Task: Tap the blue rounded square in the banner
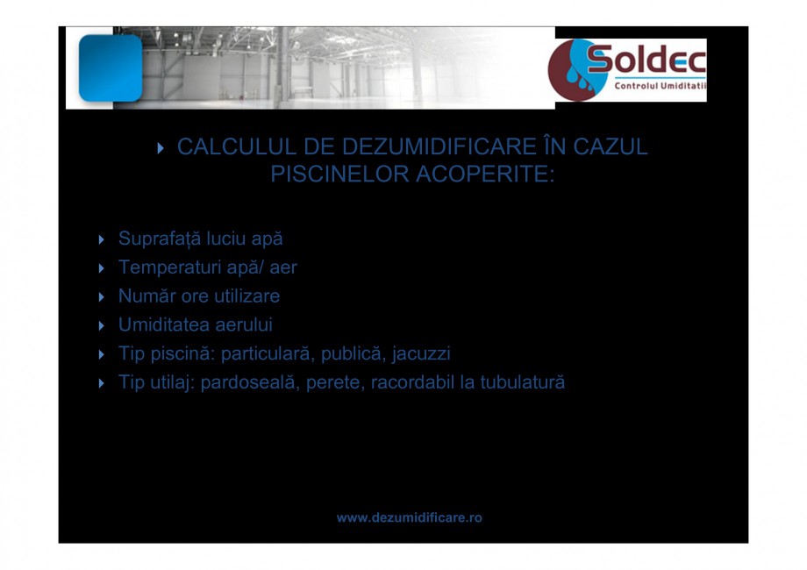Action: [x=110, y=68]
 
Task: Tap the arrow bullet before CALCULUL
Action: [x=161, y=148]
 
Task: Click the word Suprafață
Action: [x=154, y=239]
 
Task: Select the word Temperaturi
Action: [x=163, y=267]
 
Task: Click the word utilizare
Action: [x=246, y=296]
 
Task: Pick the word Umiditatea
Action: [x=164, y=325]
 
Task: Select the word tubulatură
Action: [x=518, y=383]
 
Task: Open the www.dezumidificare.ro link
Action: [x=410, y=517]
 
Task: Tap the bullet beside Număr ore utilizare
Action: [x=102, y=297]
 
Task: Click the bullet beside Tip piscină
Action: [x=102, y=355]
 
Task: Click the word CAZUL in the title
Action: [x=611, y=146]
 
